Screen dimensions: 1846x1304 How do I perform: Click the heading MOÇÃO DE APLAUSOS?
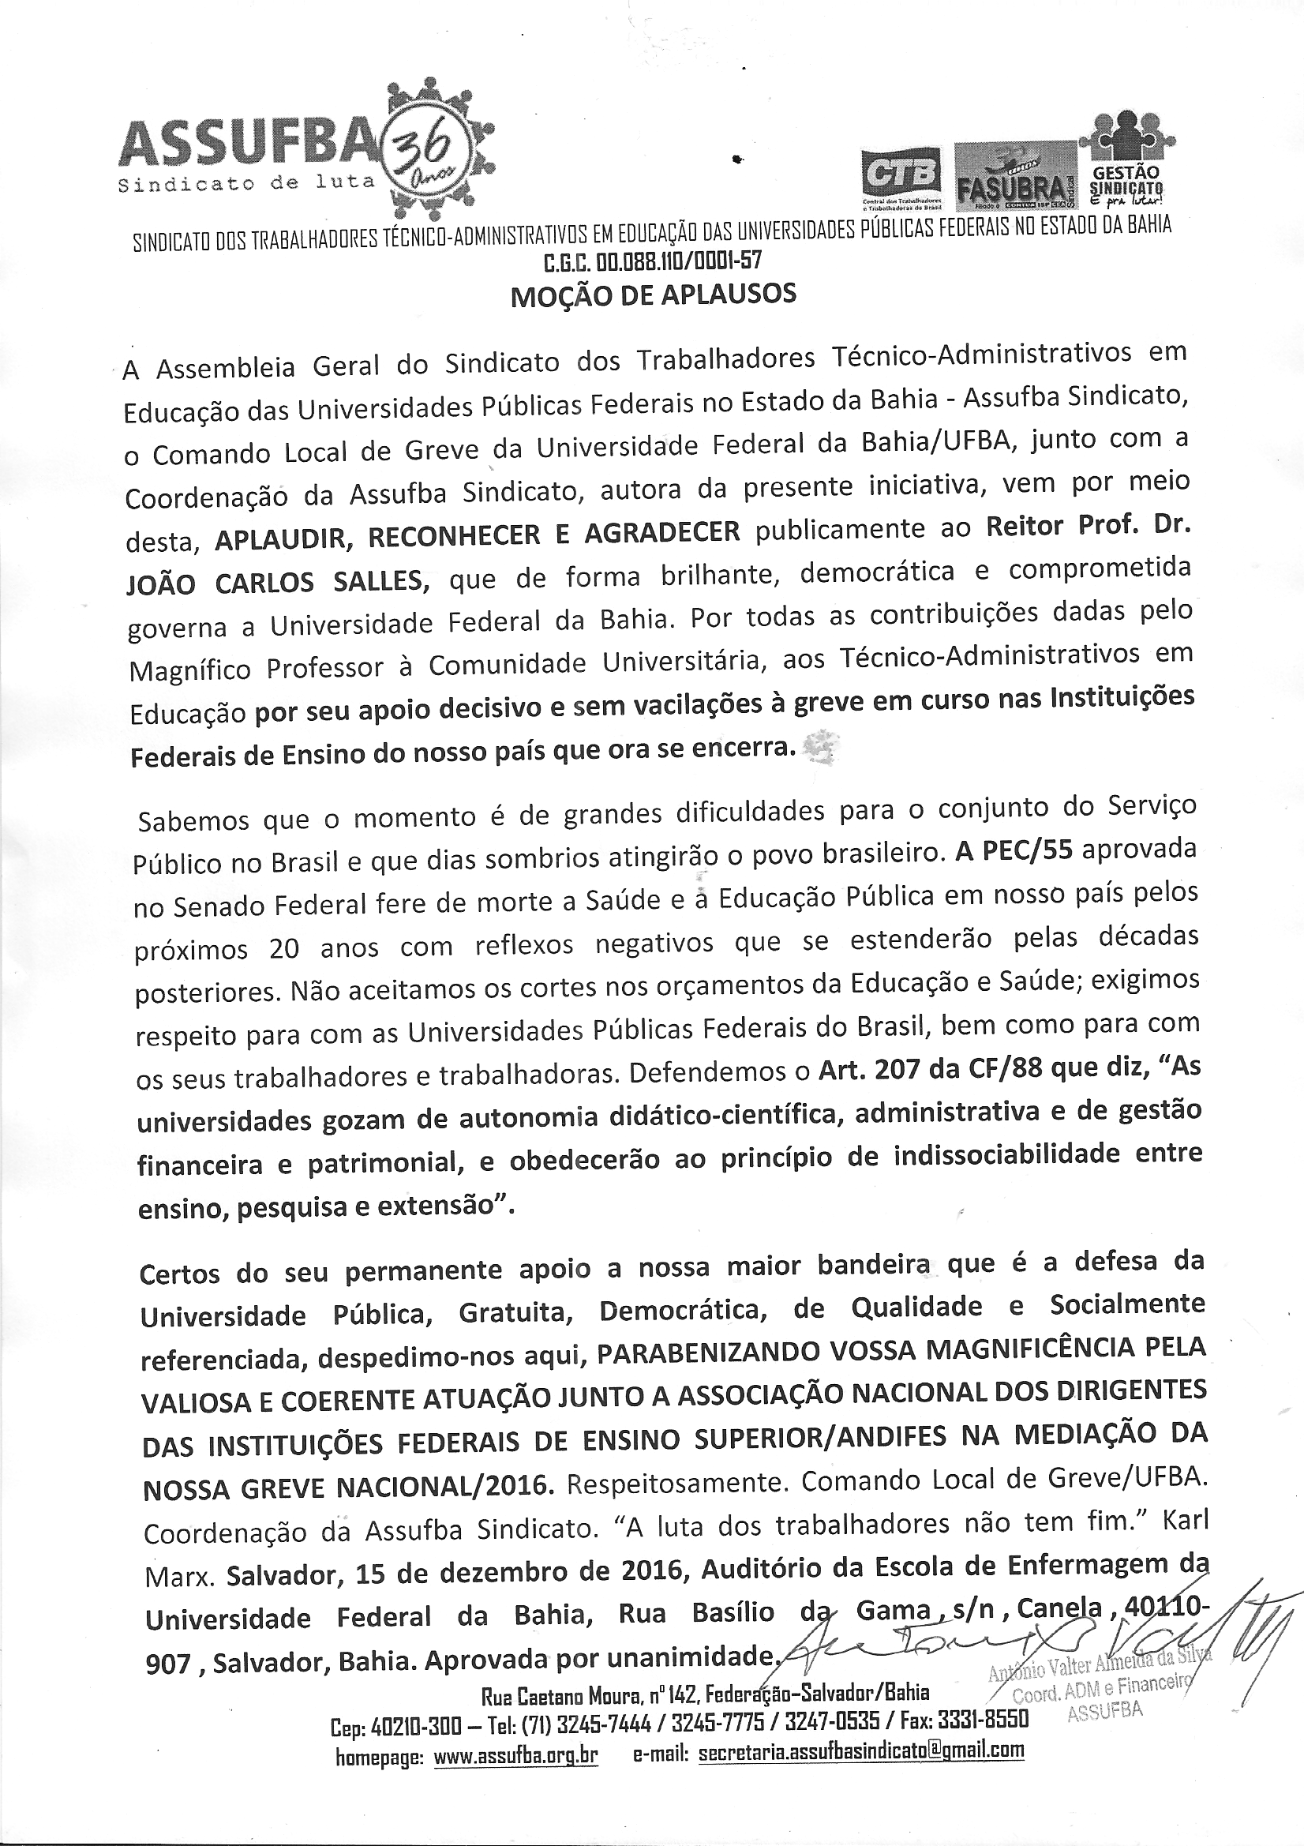653,295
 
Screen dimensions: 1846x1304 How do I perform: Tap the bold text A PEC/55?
1014,851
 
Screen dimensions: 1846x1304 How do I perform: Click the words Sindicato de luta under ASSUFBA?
246,183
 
